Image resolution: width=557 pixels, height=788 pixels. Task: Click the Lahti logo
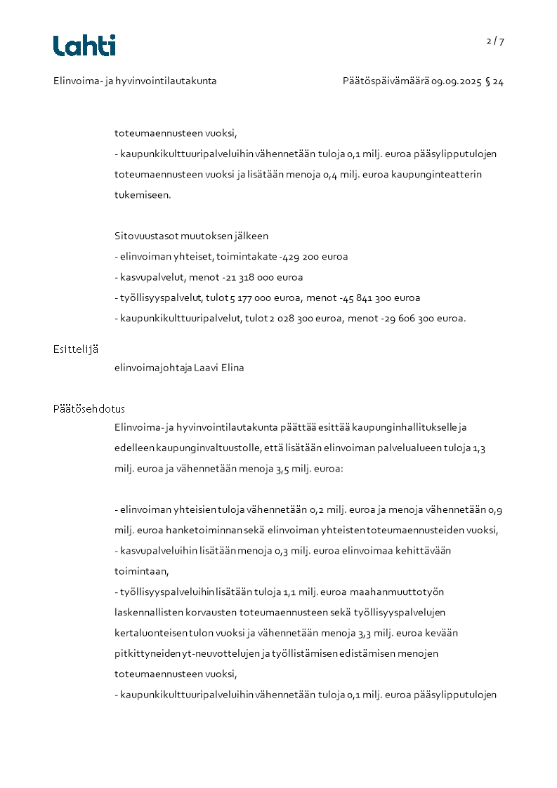pyautogui.click(x=84, y=46)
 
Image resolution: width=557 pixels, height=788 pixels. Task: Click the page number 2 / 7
pyautogui.click(x=495, y=41)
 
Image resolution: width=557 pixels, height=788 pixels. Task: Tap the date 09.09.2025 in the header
pyautogui.click(x=457, y=81)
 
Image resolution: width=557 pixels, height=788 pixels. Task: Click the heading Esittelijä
pyautogui.click(x=75, y=349)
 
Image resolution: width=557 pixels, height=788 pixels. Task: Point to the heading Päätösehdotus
pyautogui.click(x=89, y=409)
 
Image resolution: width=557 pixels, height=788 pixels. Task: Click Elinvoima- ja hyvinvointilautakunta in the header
pyautogui.click(x=135, y=81)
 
